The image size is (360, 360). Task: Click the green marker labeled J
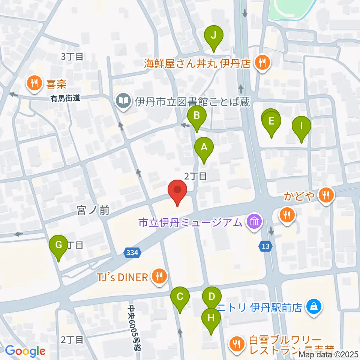click(214, 36)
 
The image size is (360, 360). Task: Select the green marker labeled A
click(204, 147)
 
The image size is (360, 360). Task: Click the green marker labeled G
click(59, 245)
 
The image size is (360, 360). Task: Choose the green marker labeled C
click(180, 297)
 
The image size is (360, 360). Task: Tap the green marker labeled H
click(211, 318)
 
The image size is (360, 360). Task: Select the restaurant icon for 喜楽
click(34, 83)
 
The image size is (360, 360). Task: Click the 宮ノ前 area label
click(93, 211)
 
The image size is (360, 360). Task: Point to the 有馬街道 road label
click(66, 98)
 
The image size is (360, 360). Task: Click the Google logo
click(25, 351)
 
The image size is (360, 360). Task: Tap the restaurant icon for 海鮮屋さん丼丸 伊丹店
click(261, 62)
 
